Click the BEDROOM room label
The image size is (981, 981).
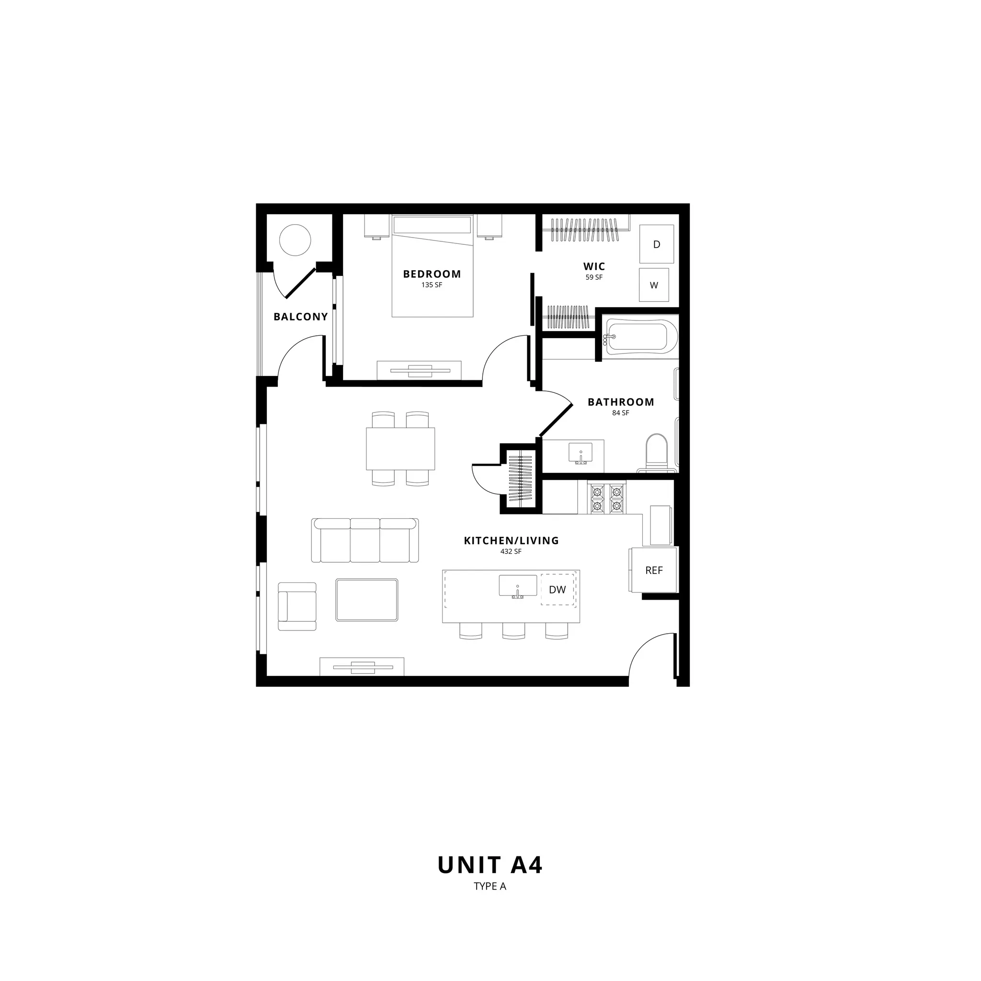point(432,274)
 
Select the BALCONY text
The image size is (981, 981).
point(301,317)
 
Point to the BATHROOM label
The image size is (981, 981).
point(621,402)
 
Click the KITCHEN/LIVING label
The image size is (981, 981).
point(511,541)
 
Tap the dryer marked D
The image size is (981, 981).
point(657,244)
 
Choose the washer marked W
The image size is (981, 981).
point(654,285)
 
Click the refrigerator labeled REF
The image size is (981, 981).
point(654,570)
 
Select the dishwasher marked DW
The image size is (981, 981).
point(558,590)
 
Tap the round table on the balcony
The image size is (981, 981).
point(295,240)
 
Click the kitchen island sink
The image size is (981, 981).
point(517,586)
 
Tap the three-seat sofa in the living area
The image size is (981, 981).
point(365,540)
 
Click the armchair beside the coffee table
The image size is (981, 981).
point(297,606)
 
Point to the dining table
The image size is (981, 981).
point(400,449)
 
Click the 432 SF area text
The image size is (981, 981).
point(511,551)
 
